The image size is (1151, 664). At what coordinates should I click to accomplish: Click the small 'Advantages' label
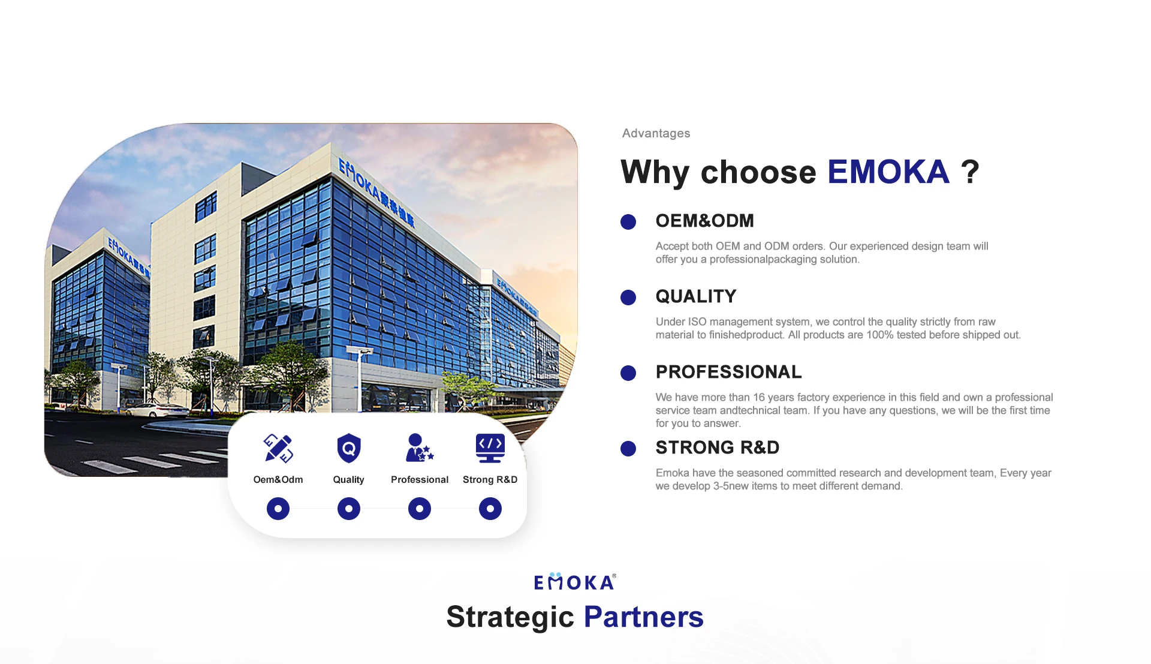[x=656, y=133]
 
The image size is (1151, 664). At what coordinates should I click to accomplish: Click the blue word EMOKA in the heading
[x=888, y=172]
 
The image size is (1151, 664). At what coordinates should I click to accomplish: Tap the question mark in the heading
[x=970, y=172]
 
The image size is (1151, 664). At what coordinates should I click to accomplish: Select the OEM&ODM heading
[x=704, y=221]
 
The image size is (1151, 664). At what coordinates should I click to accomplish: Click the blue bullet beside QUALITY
[x=628, y=298]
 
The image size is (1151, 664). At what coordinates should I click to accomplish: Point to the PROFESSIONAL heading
[x=728, y=372]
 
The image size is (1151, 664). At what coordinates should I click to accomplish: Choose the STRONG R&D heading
[x=718, y=447]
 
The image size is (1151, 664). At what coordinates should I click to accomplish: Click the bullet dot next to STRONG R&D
[x=628, y=449]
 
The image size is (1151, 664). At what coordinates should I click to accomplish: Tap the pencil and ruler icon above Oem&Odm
[x=278, y=448]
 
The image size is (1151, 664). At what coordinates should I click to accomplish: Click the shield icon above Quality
[x=349, y=448]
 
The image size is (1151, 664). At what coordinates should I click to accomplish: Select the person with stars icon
[x=419, y=448]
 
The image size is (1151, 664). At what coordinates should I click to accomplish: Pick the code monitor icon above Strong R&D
[x=490, y=448]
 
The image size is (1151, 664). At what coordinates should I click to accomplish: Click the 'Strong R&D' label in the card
[x=490, y=480]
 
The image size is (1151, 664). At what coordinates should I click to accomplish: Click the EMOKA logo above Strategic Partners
[x=575, y=582]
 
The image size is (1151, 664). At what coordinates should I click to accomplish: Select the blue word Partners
[x=644, y=617]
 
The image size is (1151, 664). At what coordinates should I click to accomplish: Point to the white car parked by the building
[x=156, y=411]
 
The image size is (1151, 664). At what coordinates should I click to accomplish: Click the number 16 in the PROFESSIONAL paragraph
[x=759, y=398]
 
